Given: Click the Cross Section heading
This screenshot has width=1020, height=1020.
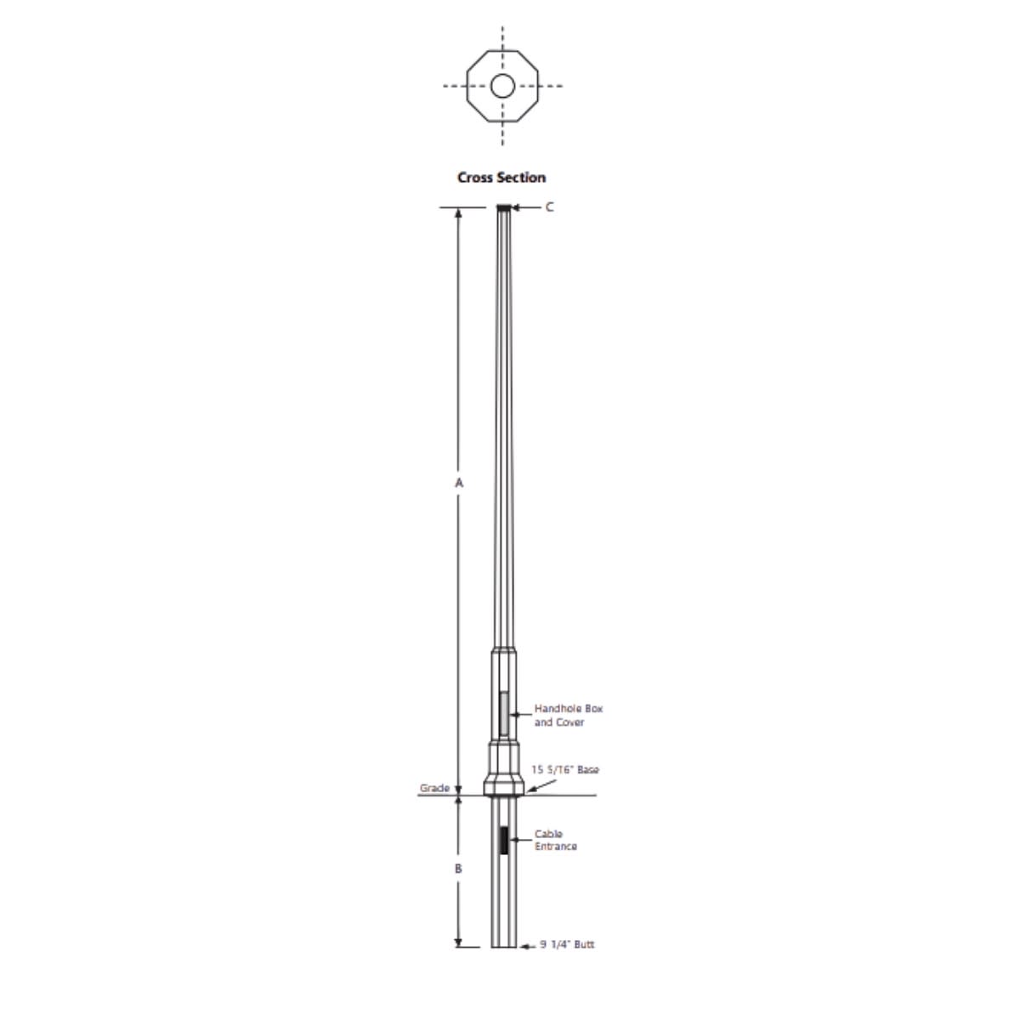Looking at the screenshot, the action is tap(501, 178).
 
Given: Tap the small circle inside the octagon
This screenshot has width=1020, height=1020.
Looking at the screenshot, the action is tap(502, 86).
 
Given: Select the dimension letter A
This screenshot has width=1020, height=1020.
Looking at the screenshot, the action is tap(459, 483).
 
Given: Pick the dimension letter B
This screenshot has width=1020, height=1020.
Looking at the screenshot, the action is tap(458, 869).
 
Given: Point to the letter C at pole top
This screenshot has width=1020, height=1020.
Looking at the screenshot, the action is tap(549, 207).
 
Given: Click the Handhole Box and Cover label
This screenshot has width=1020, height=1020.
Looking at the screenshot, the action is tap(569, 715).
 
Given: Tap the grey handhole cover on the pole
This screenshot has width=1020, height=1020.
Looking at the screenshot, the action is tap(504, 713).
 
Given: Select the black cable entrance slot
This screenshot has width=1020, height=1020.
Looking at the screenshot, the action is tap(504, 840).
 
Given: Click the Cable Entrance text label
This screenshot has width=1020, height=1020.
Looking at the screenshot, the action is tap(555, 840).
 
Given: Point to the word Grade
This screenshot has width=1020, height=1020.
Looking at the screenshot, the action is tap(434, 788).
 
